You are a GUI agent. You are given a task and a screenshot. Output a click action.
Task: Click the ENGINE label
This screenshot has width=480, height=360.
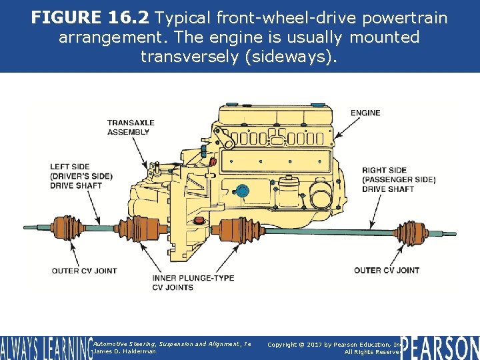click(365, 113)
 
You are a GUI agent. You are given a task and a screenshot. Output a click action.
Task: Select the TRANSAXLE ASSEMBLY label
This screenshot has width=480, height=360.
click(131, 127)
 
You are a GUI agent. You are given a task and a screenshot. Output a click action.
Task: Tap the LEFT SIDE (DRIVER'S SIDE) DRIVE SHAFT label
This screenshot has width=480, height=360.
click(81, 175)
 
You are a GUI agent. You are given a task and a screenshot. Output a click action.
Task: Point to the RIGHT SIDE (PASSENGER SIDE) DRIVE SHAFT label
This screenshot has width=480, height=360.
click(399, 179)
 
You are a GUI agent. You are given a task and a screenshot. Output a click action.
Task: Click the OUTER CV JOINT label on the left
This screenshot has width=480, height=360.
click(84, 271)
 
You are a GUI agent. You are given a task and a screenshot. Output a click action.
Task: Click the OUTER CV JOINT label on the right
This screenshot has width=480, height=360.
click(387, 270)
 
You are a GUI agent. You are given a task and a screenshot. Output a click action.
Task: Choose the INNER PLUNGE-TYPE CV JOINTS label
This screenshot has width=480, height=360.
click(193, 283)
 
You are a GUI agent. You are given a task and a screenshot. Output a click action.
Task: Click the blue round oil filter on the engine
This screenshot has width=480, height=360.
click(243, 192)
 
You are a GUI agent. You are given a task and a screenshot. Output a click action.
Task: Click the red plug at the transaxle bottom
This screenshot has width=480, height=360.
click(198, 220)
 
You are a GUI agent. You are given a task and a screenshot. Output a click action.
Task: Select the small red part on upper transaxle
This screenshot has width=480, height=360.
click(213, 161)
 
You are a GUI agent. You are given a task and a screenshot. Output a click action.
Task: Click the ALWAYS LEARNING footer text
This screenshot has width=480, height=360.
click(45, 348)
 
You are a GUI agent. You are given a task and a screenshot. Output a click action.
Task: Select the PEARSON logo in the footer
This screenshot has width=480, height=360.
click(440, 347)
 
